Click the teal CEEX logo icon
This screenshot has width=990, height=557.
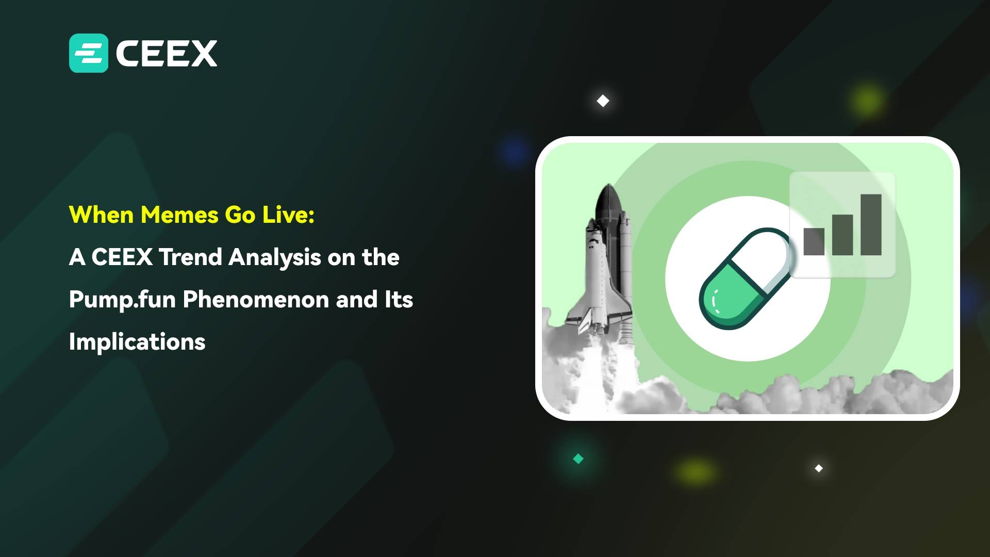(89, 53)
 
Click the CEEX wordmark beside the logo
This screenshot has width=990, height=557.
(167, 53)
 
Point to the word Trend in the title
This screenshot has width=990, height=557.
(190, 257)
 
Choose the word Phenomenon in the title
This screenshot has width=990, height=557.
(256, 300)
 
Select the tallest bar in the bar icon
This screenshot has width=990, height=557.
(871, 224)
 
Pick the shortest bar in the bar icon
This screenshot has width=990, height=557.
(814, 241)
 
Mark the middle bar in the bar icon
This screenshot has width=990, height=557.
(843, 235)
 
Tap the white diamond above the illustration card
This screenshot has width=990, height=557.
(603, 101)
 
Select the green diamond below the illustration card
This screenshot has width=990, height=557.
(578, 458)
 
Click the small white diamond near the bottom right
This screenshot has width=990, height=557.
(819, 468)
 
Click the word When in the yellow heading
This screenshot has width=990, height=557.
(102, 215)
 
